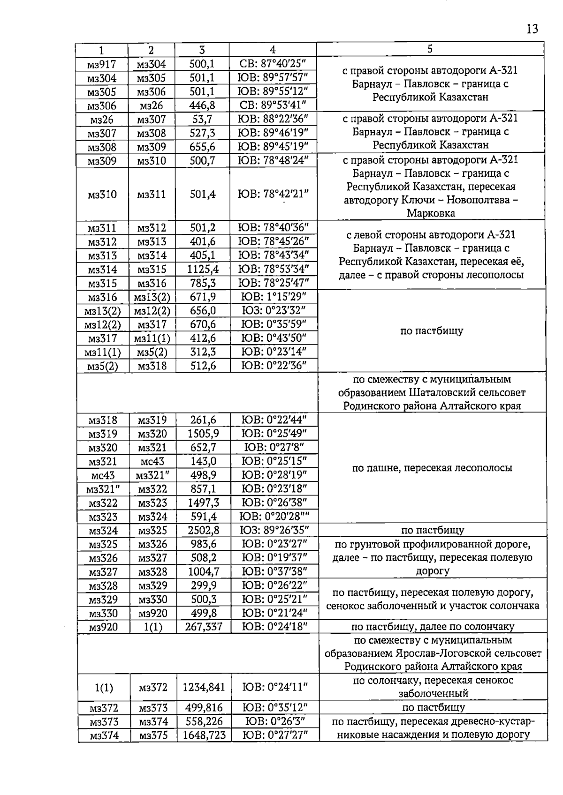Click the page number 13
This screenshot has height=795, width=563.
532,29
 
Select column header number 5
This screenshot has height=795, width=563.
430,49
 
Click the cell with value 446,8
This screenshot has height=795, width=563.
202,105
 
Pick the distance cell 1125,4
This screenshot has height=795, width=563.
203,270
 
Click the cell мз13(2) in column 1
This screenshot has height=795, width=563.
102,311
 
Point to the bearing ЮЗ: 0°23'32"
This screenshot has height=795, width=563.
274,310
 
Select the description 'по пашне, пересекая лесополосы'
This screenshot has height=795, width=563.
432,468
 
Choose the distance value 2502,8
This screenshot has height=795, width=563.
203,531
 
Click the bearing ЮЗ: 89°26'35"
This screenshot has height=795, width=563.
274,531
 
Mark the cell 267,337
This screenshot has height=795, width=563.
203,627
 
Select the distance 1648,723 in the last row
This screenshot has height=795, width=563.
204,735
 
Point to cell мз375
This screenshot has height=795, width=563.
153,735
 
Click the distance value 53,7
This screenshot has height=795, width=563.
202,120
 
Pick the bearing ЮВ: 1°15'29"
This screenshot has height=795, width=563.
274,297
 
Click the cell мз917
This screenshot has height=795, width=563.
101,64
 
